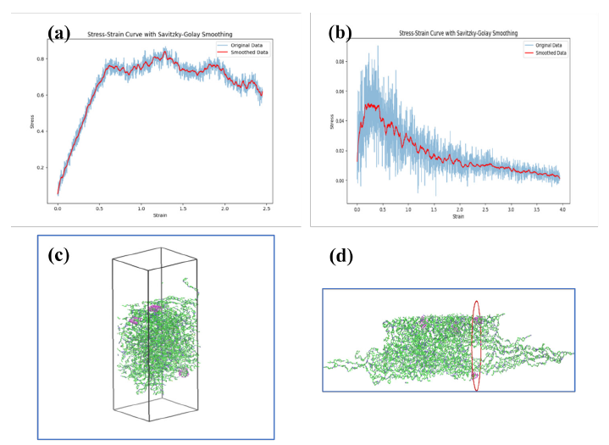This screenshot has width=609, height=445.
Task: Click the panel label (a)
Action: point(59,33)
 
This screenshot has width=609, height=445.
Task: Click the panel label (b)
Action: point(340,34)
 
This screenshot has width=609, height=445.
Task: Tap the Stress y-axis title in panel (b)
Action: point(330,121)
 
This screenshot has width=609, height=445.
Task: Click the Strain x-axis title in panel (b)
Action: point(458,216)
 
